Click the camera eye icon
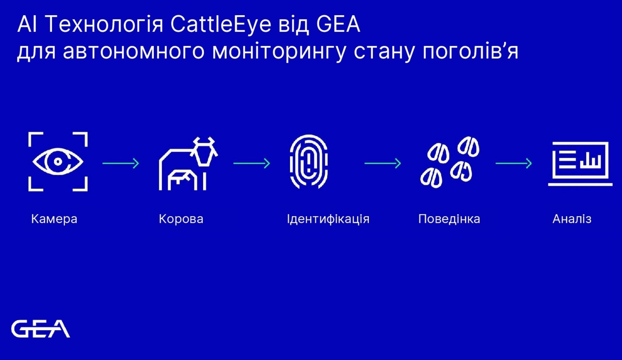click(x=58, y=161)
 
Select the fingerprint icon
click(x=309, y=162)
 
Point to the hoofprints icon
click(x=450, y=162)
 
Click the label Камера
click(x=54, y=219)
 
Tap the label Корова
click(x=181, y=219)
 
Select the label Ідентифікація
click(x=328, y=219)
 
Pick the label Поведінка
click(x=449, y=219)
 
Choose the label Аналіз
click(x=572, y=219)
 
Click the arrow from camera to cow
click(x=121, y=163)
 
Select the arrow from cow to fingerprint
click(x=252, y=163)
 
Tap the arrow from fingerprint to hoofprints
click(x=383, y=163)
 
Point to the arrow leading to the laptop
click(x=514, y=163)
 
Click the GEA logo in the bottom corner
click(x=41, y=329)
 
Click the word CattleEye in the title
click(x=221, y=24)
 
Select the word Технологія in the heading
click(x=104, y=25)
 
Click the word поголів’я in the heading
click(x=471, y=51)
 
